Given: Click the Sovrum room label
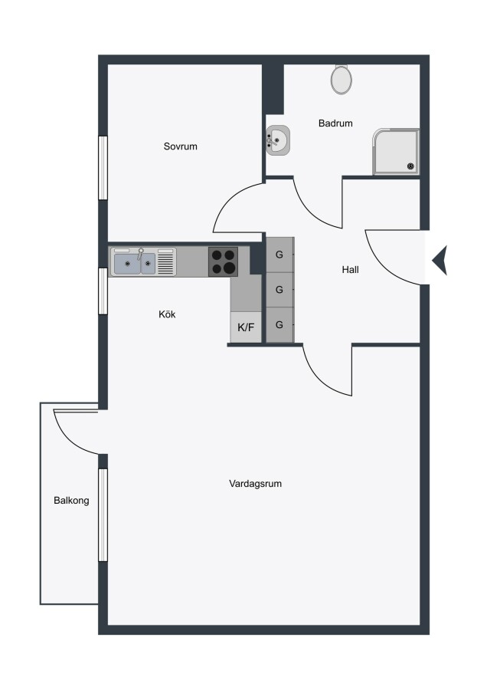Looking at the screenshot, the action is click(x=180, y=146).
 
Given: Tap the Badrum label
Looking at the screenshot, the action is click(x=335, y=123).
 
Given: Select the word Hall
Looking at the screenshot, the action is click(x=350, y=269).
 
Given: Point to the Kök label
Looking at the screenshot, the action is click(x=167, y=314).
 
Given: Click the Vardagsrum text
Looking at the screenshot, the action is click(x=255, y=484).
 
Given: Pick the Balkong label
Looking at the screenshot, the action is click(x=71, y=501).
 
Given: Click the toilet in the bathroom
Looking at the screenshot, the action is click(x=342, y=79).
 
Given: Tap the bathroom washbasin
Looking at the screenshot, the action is click(x=278, y=140).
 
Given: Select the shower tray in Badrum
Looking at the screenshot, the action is click(x=396, y=152).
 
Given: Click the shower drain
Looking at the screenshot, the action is click(x=410, y=166).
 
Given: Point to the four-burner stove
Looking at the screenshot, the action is click(x=224, y=261).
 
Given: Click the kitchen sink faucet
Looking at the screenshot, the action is click(x=141, y=254).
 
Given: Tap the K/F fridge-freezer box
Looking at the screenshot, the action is click(x=246, y=327).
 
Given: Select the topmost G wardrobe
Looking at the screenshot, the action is click(x=279, y=255).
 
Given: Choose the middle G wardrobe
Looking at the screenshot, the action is click(x=279, y=290).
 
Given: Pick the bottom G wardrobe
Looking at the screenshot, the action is click(x=279, y=325).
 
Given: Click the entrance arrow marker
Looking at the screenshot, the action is click(x=440, y=261).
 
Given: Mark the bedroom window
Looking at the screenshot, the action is click(x=103, y=168).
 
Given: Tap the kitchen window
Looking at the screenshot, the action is click(x=103, y=291).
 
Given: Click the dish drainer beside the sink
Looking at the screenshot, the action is click(x=165, y=262).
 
